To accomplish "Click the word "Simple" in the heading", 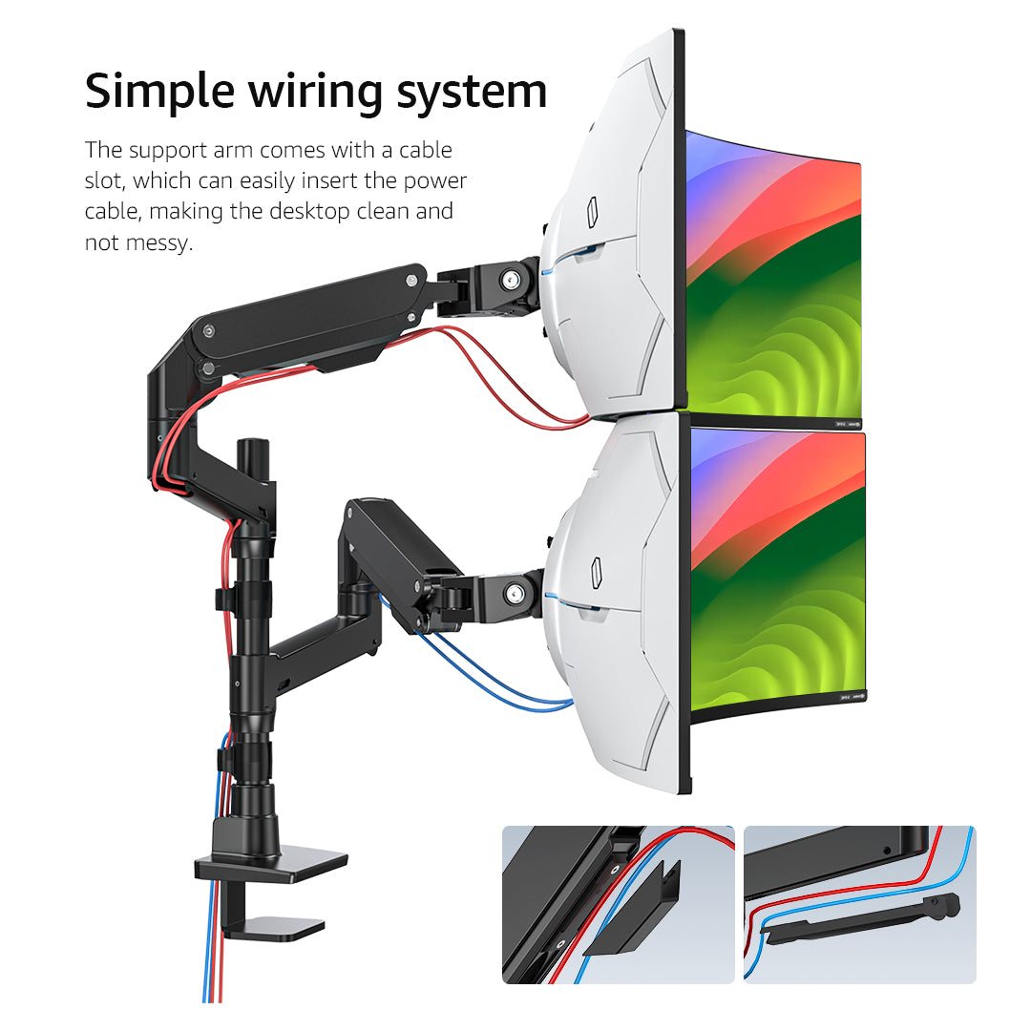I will [x=157, y=93].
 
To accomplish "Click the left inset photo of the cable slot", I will [x=618, y=904].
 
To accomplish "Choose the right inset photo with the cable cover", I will [x=859, y=904].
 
